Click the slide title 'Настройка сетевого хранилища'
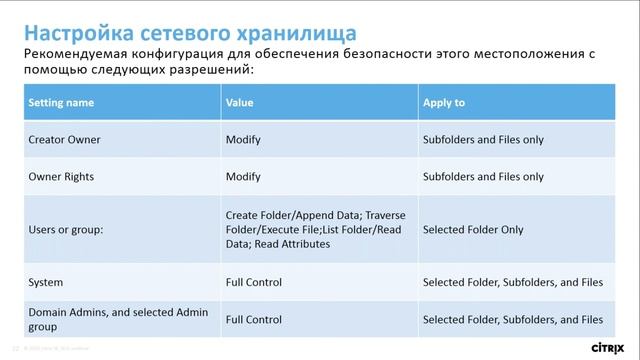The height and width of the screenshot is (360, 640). pyautogui.click(x=173, y=22)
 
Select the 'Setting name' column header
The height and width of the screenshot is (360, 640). pyautogui.click(x=61, y=102)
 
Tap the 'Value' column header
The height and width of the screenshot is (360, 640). pyautogui.click(x=239, y=102)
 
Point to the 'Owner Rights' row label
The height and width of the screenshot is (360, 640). pyautogui.click(x=61, y=176)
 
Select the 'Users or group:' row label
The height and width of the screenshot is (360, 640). pyautogui.click(x=67, y=229)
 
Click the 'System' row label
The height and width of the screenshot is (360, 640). pyautogui.click(x=45, y=283)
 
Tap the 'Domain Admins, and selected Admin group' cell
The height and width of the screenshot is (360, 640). pyautogui.click(x=110, y=320)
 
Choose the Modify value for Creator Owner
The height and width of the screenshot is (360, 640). pyautogui.click(x=243, y=140)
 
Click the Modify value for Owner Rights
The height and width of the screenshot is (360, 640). pyautogui.click(x=243, y=176)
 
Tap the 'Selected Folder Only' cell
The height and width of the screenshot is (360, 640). pyautogui.click(x=473, y=229)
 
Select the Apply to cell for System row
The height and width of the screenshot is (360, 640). pyautogui.click(x=512, y=283)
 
